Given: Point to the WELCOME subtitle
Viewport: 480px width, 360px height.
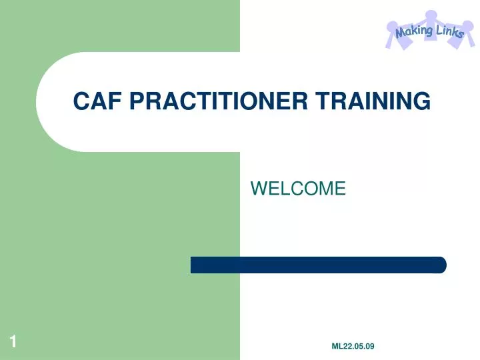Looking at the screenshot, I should coord(298,189).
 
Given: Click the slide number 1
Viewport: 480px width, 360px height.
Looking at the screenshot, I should coord(13,343).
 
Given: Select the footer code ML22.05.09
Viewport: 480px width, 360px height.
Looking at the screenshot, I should coord(353,345).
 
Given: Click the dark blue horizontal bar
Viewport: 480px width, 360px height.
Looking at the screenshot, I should coord(318,265).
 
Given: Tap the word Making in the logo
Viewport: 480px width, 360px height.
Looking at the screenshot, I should coord(414,31).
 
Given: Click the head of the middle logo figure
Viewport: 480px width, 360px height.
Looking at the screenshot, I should coord(431,15).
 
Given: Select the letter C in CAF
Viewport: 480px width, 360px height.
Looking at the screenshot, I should coord(81,101).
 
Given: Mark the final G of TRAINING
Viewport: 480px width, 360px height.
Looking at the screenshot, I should coord(421,101).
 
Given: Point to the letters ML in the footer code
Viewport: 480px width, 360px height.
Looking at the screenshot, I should coord(337,345).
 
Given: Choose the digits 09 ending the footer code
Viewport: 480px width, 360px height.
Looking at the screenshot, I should coord(370,345).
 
